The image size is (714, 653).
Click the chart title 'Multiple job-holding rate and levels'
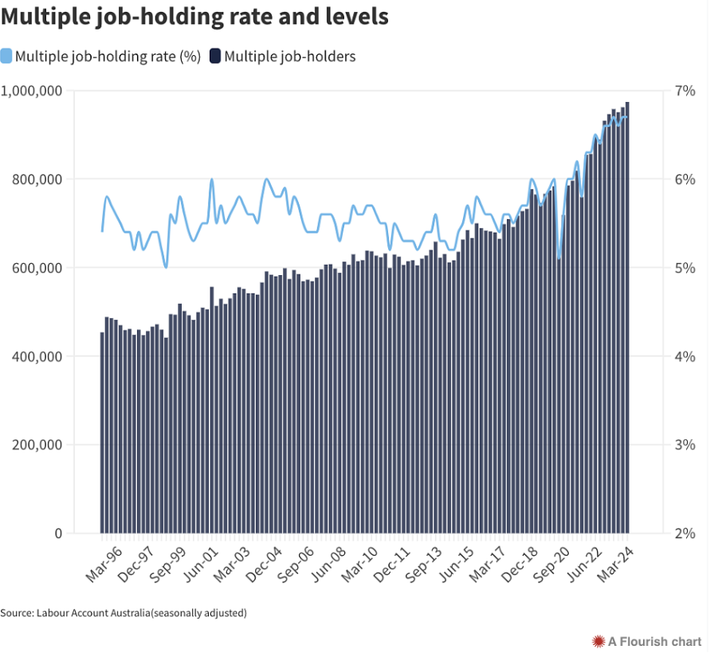coord(194,18)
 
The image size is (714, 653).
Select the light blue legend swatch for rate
coord(6,56)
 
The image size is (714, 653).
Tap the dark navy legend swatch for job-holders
coord(215,56)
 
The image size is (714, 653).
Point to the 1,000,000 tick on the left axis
coord(31,91)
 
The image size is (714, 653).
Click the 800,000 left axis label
coord(37,179)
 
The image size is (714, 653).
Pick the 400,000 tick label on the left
coord(37,356)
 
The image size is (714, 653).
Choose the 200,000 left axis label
coord(37,445)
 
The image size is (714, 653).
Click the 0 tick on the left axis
coord(58,533)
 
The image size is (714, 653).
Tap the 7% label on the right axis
coord(685,91)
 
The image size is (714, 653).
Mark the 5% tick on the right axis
coord(685,268)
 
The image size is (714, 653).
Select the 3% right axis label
coord(685,445)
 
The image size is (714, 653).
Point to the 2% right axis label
coord(685,533)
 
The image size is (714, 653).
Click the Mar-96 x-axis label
coord(104,564)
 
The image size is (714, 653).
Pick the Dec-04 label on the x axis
coord(264,564)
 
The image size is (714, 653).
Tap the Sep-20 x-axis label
coord(551,564)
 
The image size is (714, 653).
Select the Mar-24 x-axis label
coord(615,564)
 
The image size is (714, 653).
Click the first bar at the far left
coord(102,433)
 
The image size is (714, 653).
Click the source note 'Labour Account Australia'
coord(93,613)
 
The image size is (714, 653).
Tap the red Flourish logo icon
coord(598,642)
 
